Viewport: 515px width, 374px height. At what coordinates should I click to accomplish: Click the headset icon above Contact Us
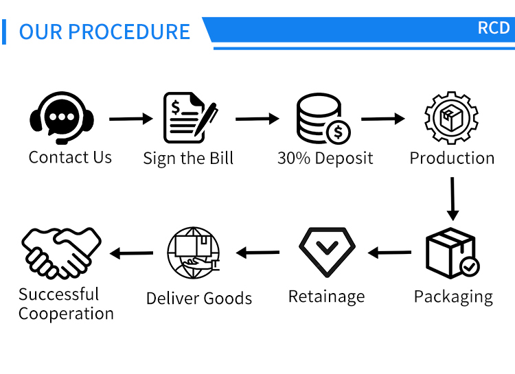tap(62, 117)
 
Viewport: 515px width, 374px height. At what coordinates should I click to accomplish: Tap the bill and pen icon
tap(190, 118)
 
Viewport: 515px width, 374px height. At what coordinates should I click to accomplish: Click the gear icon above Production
tap(451, 117)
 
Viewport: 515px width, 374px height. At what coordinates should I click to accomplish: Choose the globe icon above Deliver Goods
tap(194, 252)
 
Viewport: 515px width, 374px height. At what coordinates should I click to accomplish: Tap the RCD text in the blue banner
tap(494, 28)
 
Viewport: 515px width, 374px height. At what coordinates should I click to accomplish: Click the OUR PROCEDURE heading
tap(104, 32)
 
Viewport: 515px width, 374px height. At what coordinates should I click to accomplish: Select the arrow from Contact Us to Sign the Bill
tap(130, 119)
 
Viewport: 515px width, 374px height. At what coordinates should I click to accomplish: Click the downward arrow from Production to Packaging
tap(452, 198)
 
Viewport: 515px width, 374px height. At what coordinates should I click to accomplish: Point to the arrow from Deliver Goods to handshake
tap(132, 254)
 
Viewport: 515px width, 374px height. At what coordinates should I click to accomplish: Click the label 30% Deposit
tap(325, 158)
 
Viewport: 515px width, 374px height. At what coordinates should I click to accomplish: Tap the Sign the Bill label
tap(188, 159)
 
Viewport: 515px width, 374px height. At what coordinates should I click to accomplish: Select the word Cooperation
tap(66, 314)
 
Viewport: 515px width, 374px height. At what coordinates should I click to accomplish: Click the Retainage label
tap(326, 296)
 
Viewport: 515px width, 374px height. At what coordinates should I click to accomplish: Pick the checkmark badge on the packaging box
tap(470, 266)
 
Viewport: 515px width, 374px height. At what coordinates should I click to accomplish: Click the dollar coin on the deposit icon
tap(338, 131)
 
